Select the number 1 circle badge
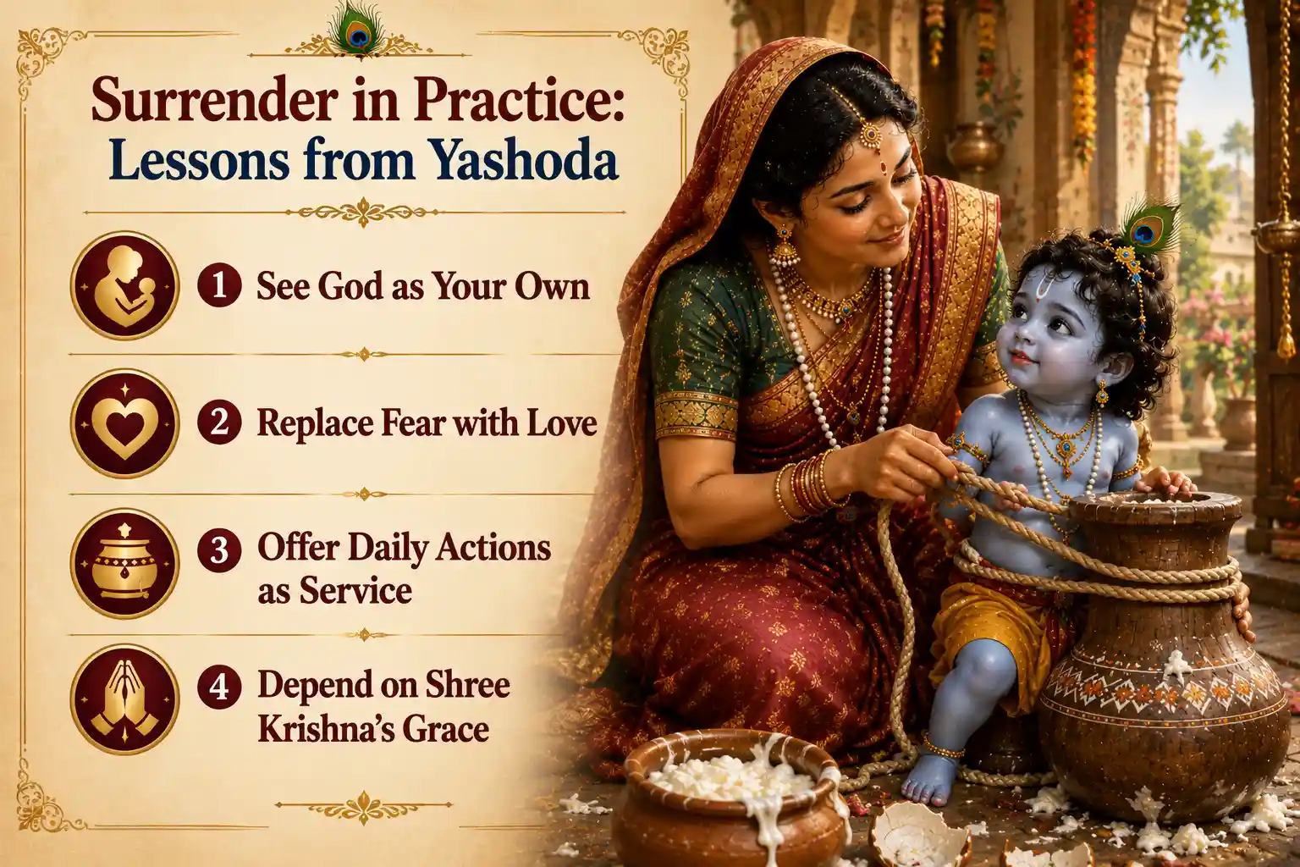pyautogui.click(x=219, y=284)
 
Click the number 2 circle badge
pyautogui.click(x=219, y=422)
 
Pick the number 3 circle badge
pyautogui.click(x=219, y=549)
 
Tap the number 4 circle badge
pyautogui.click(x=219, y=687)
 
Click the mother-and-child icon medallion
pyautogui.click(x=124, y=285)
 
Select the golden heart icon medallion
pyautogui.click(x=124, y=422)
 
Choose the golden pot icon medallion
pyautogui.click(x=124, y=563)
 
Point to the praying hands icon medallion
pyautogui.click(x=124, y=699)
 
